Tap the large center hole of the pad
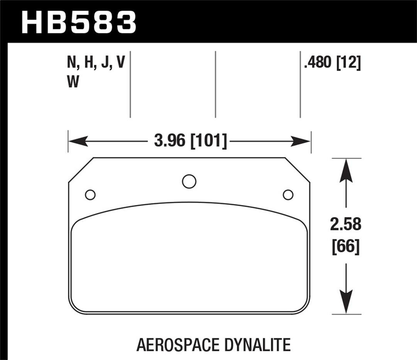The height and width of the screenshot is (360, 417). pos(189,181)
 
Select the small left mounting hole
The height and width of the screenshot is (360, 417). pos(90,195)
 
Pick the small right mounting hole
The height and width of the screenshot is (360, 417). pos(288,195)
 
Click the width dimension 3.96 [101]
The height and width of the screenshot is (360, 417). pos(190,141)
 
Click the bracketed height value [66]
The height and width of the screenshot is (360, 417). pos(346,247)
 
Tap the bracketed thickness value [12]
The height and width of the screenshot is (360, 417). pos(349,63)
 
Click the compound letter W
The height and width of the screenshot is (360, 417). pos(73,83)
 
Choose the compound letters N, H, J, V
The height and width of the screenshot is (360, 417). pos(96,63)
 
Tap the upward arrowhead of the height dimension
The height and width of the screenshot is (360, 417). pos(346,172)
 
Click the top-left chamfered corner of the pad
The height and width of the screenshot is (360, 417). pos(81,170)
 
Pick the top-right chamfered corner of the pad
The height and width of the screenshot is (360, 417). pos(297,170)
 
